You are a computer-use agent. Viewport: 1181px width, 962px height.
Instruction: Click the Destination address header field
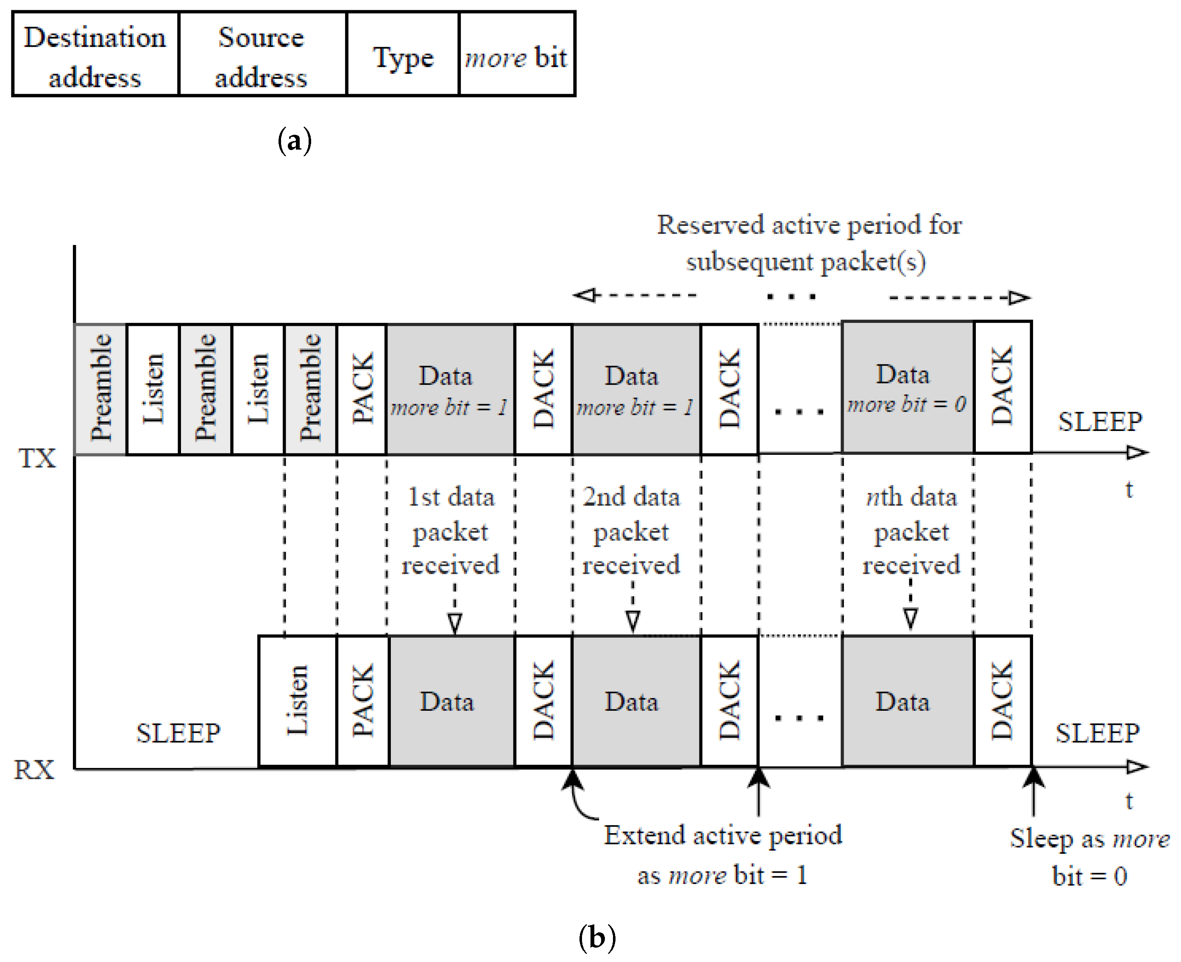[x=95, y=56]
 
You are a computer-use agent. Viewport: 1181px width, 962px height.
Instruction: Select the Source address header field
[x=262, y=56]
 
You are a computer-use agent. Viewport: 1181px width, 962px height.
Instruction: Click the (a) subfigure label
[x=294, y=141]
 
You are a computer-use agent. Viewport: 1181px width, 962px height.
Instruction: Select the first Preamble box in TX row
[x=100, y=389]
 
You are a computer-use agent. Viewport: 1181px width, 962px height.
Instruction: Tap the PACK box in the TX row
[x=361, y=389]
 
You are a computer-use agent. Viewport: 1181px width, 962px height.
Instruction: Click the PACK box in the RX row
[x=362, y=701]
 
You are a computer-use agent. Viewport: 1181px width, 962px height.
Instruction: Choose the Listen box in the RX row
[x=297, y=701]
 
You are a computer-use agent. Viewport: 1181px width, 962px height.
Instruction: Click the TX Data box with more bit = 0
[x=907, y=387]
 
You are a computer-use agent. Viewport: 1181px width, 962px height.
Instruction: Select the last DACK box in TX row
[x=1002, y=387]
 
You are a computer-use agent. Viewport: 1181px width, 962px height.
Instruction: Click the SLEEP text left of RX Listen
[x=178, y=733]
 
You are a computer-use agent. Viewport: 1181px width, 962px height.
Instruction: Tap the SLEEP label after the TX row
[x=1100, y=422]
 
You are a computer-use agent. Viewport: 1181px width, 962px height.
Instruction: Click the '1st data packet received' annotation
[x=451, y=531]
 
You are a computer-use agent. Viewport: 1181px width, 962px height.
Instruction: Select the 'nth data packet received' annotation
[x=911, y=531]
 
